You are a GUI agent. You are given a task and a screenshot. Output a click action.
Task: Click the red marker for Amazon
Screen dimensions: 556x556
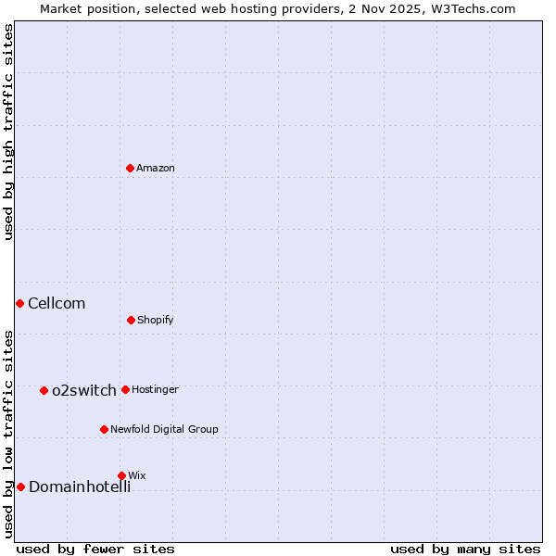tap(131, 168)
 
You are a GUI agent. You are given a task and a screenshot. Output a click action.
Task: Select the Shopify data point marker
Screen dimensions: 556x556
tap(131, 320)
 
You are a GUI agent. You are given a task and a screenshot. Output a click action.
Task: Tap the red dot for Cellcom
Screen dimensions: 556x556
tap(19, 303)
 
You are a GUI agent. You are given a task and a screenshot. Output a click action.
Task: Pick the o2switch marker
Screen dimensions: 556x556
tap(44, 390)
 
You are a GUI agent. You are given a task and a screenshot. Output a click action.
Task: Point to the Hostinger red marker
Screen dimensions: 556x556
tap(125, 389)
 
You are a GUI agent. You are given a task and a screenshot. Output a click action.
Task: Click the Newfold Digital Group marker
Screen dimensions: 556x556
tap(104, 429)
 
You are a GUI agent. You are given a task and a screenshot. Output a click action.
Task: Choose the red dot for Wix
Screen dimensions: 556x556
tap(121, 475)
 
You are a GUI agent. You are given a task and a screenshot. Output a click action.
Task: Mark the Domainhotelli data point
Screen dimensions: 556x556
tap(20, 486)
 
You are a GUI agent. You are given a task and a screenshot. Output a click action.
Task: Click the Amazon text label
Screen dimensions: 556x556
tap(156, 168)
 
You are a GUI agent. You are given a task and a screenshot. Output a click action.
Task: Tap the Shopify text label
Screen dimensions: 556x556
tap(156, 320)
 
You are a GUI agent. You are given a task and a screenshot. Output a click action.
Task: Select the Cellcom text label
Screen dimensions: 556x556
tap(57, 303)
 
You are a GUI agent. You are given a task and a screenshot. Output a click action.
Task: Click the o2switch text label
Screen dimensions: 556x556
tap(84, 390)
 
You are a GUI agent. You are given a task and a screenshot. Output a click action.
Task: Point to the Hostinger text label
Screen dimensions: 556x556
tap(155, 389)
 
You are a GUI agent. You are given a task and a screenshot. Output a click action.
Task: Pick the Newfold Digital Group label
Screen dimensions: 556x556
tap(164, 429)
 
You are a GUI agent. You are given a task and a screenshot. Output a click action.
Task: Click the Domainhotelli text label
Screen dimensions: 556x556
tap(80, 486)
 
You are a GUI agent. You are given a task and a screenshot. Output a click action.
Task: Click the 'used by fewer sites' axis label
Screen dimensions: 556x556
tap(95, 549)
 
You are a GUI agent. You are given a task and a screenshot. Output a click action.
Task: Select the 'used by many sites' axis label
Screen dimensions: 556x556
tap(465, 549)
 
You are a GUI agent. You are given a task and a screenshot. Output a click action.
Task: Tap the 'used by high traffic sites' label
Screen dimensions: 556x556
tap(8, 132)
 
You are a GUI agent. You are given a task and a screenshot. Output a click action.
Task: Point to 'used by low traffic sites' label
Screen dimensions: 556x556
tap(8, 434)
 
